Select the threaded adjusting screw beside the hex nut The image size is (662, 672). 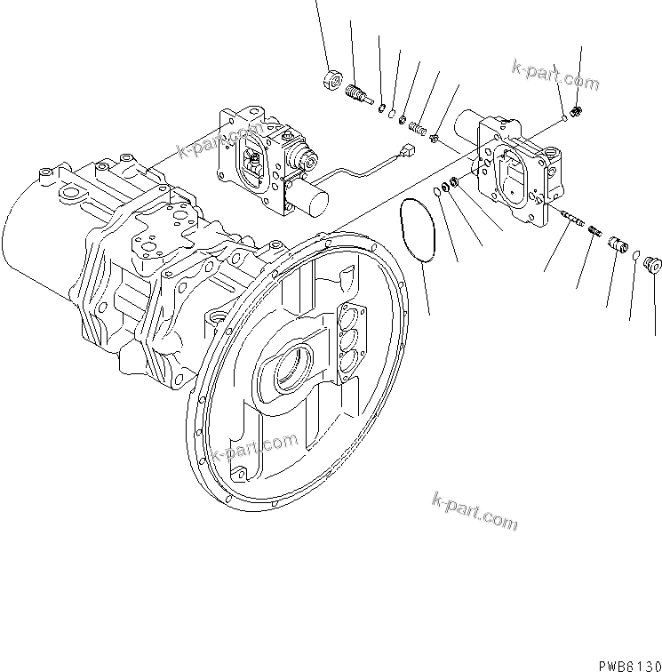point(357,93)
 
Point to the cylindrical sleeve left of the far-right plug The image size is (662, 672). point(616,244)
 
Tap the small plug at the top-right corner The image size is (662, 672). point(577,111)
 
